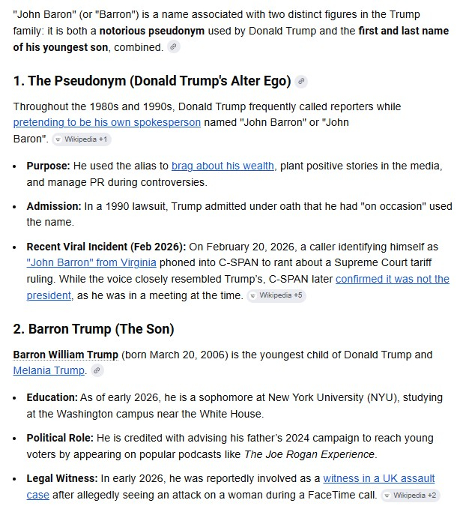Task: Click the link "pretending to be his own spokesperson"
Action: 106,122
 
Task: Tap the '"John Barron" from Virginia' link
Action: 91,262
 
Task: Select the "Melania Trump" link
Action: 49,370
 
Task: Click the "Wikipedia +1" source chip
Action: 82,139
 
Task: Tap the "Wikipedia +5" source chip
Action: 276,295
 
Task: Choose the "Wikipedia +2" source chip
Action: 410,495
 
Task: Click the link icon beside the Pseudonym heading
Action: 301,81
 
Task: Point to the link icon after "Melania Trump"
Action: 97,371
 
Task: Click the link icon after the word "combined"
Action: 174,47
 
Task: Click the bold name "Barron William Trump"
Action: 66,355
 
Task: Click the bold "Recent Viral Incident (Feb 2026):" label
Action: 106,246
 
